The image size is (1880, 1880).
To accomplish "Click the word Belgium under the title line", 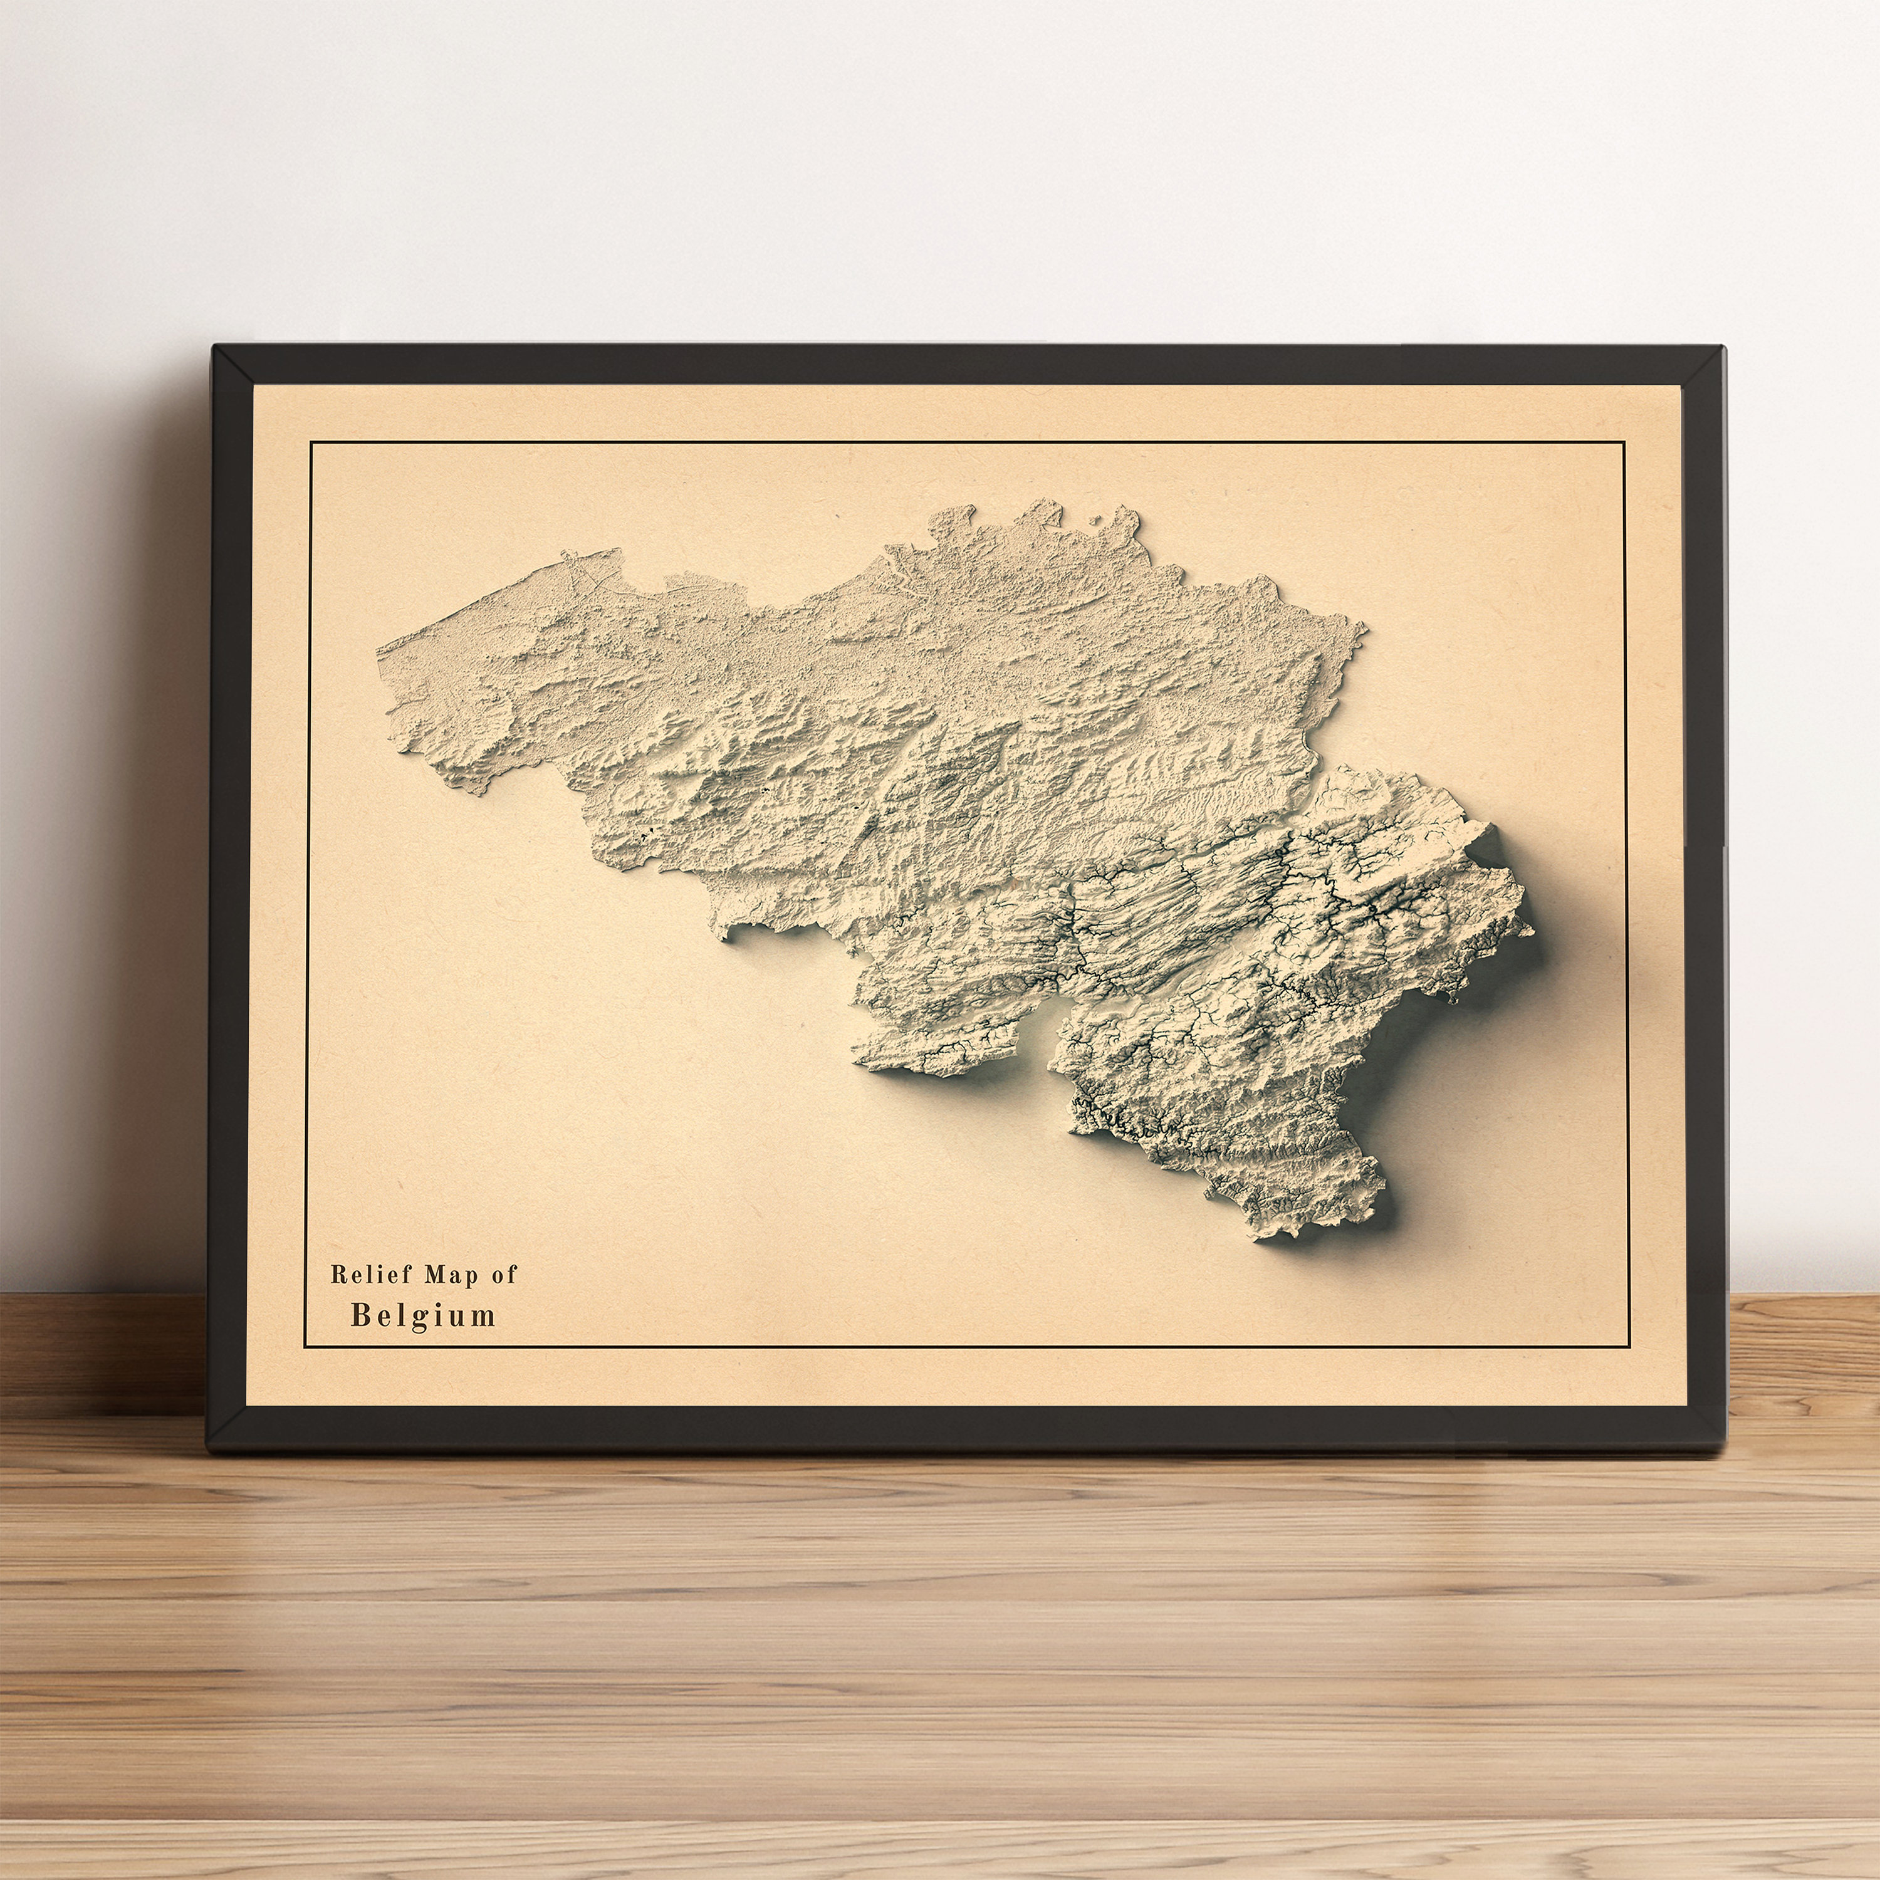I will [423, 1315].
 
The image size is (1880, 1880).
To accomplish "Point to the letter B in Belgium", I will [360, 1315].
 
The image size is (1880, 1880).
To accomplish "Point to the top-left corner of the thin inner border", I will [310, 443].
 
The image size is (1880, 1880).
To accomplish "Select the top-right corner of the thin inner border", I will [1625, 443].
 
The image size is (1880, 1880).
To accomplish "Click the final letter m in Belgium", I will [484, 1317].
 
